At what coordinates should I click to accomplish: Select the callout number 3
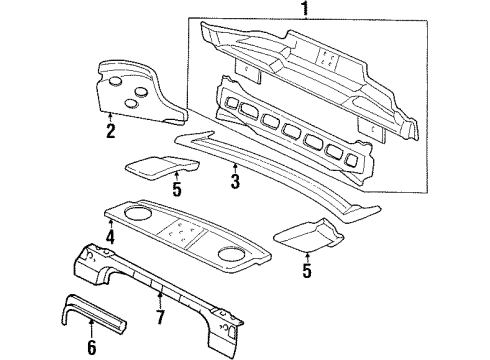click(235, 181)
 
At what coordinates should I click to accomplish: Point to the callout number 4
click(110, 238)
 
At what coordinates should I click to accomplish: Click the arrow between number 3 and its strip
click(235, 167)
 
